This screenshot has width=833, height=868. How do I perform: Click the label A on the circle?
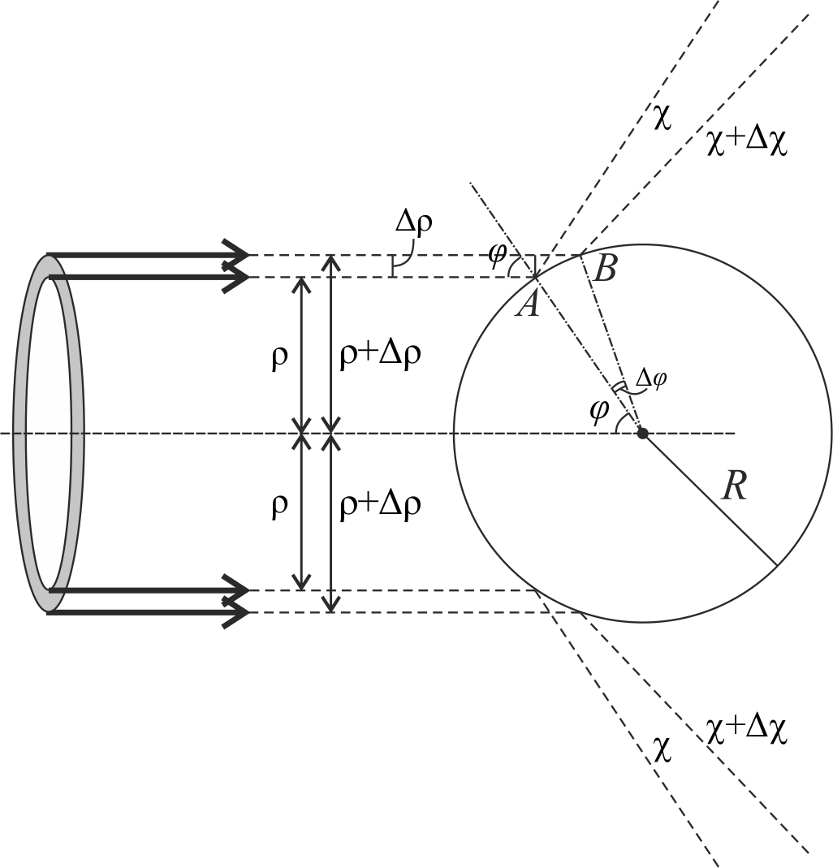528,304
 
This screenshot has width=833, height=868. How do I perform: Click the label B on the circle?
604,270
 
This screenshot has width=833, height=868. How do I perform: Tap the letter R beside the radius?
735,487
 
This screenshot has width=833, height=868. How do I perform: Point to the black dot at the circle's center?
642,433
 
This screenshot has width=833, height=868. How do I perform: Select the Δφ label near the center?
651,379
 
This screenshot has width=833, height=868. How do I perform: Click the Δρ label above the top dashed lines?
414,222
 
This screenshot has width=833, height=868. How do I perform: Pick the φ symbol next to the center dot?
599,411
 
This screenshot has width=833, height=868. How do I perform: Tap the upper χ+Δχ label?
747,142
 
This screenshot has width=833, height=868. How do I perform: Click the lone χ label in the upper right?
662,117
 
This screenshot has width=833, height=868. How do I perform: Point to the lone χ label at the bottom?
662,750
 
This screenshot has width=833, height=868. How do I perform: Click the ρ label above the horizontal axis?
280,357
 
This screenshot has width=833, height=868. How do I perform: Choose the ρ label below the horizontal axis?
280,505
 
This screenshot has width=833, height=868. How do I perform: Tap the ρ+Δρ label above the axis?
380,355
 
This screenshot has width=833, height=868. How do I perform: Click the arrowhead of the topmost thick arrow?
238,255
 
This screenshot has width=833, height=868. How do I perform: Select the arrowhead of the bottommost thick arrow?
238,613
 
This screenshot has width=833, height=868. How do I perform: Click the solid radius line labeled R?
710,499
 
